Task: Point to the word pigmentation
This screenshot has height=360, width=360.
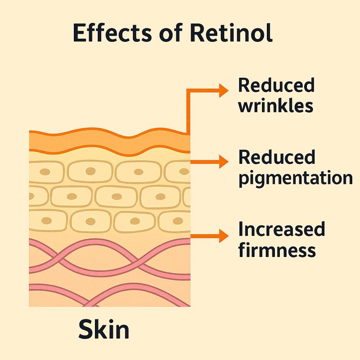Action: [295, 178]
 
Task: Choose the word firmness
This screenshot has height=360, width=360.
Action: [277, 249]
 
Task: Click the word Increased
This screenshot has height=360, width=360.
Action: [281, 229]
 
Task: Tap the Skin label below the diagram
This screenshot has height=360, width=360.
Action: [104, 329]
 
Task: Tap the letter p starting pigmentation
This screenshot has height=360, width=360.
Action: [244, 180]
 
